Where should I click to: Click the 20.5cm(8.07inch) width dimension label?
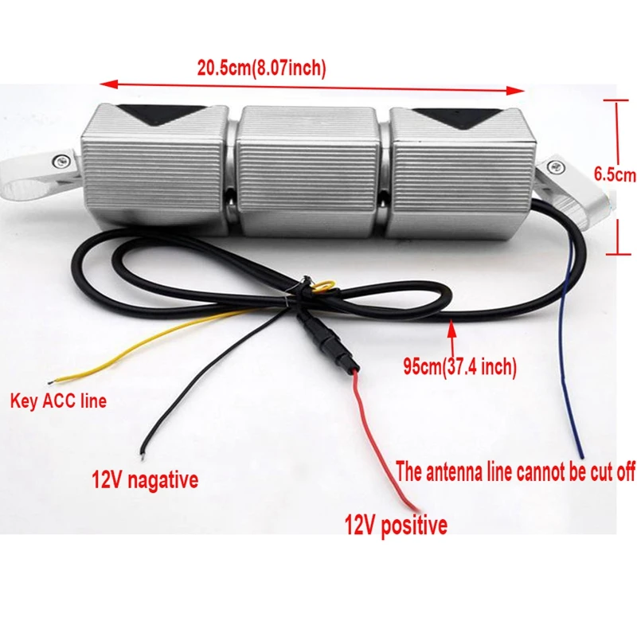click(262, 68)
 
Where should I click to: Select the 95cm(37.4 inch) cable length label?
click(460, 367)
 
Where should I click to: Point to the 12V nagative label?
click(145, 480)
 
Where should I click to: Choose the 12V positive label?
click(396, 526)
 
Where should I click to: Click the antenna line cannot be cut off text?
click(516, 472)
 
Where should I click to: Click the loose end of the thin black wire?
click(142, 453)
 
